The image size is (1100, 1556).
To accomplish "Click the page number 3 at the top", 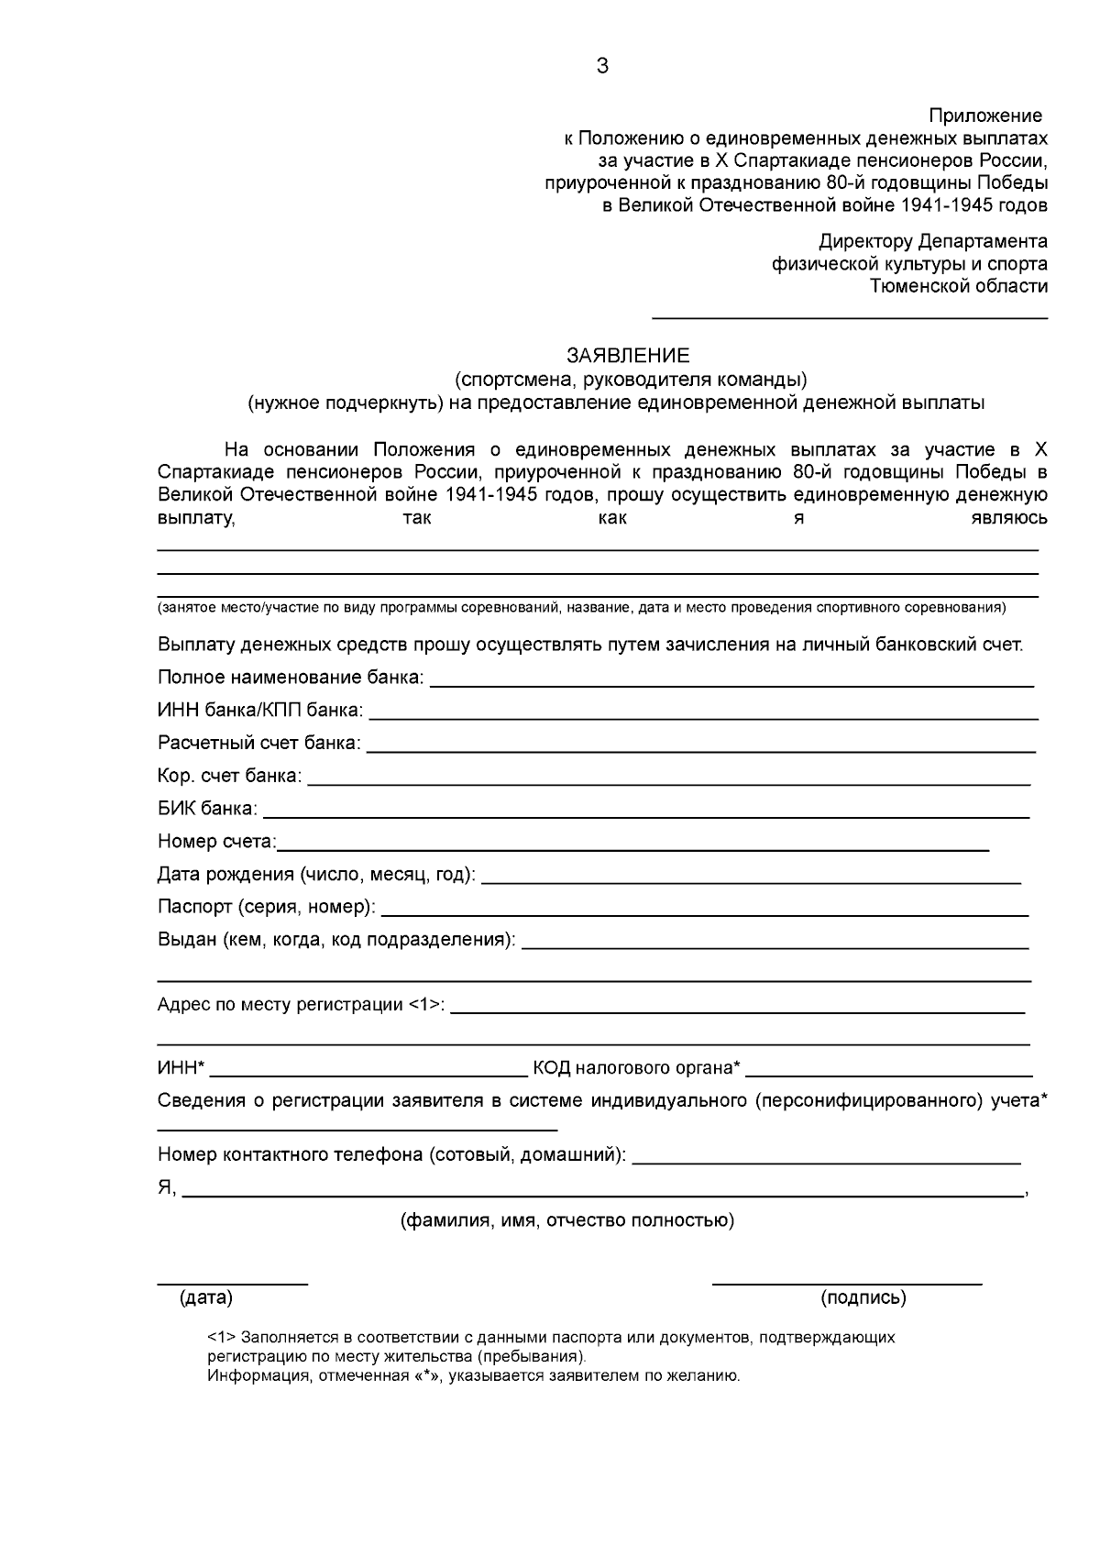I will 602,66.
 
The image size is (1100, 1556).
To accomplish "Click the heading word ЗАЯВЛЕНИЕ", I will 628,356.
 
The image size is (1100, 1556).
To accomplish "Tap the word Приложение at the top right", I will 985,116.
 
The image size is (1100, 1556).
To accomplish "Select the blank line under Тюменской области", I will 849,317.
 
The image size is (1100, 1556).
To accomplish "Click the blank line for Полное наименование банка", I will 731,684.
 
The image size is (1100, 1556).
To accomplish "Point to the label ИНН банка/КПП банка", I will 260,711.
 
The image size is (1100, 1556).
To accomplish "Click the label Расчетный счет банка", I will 259,743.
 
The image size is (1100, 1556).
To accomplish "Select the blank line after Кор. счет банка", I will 668,783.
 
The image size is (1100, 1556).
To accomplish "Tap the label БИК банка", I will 207,809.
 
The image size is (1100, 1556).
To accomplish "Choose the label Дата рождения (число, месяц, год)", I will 316,875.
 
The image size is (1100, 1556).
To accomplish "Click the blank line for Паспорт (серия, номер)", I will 704,914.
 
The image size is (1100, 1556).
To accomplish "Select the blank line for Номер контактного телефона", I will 827,1162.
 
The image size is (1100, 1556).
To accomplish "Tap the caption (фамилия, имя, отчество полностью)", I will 566,1220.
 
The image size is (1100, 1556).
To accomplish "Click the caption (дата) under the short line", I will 207,1297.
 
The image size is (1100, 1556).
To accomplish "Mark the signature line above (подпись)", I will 847,1283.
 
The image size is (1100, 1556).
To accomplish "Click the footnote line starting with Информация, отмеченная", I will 473,1375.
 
